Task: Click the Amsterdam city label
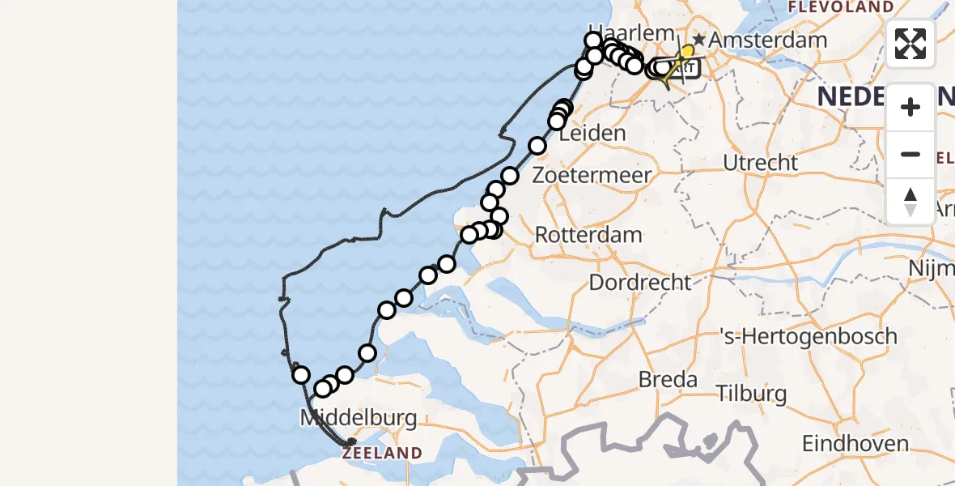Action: pos(769,40)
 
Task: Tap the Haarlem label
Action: pos(620,33)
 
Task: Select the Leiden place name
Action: pos(593,134)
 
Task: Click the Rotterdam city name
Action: pos(589,236)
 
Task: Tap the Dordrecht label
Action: pos(640,283)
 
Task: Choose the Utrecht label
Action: pos(761,163)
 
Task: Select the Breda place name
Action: pos(668,379)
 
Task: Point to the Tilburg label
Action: pos(752,394)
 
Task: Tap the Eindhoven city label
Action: pos(855,444)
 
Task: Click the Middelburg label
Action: pos(359,419)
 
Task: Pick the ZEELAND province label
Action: pos(382,454)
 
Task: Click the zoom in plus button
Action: pos(910,107)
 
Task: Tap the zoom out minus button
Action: pos(910,154)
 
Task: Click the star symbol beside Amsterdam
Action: pos(698,40)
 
